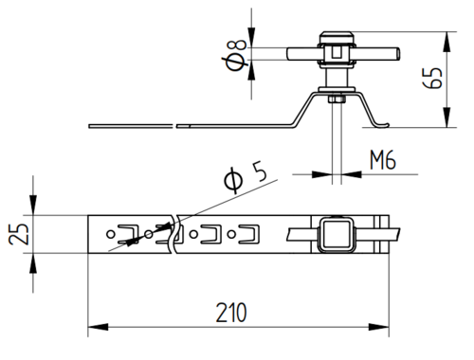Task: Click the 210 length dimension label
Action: tap(231, 313)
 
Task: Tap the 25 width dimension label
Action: tap(18, 234)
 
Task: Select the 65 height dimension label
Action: tap(432, 78)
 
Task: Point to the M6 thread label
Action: tap(383, 160)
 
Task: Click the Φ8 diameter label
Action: tap(236, 56)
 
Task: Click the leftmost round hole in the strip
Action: tap(111, 234)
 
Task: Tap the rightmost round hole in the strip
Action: tap(231, 234)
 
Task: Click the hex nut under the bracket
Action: tap(337, 99)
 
